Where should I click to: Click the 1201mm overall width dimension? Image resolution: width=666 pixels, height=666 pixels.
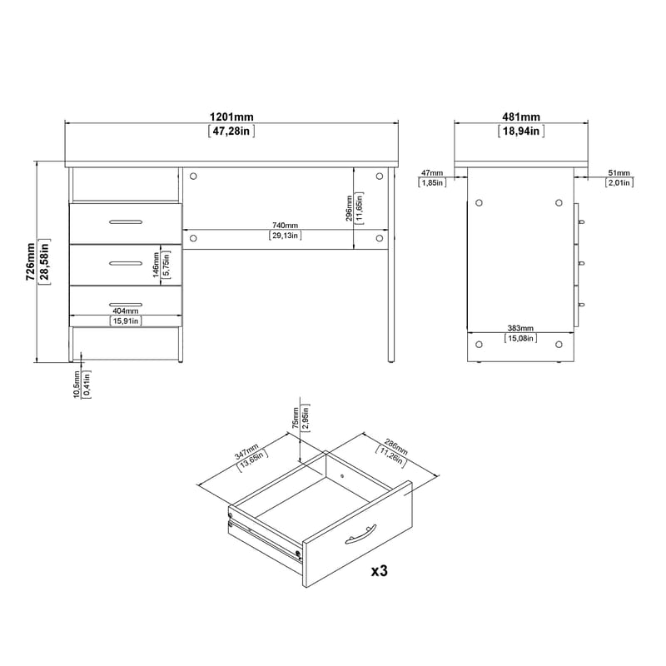(231, 117)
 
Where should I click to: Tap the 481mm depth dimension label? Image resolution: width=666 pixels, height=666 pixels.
(520, 117)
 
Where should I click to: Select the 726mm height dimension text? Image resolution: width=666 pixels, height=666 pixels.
(31, 262)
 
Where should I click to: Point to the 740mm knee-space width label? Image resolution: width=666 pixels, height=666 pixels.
(285, 226)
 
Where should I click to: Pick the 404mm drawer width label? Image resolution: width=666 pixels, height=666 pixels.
(125, 311)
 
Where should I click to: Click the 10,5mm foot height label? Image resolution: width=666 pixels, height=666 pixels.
(77, 385)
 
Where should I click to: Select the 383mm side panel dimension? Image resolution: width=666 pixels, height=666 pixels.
(521, 329)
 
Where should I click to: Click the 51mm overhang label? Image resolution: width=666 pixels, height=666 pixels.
(618, 172)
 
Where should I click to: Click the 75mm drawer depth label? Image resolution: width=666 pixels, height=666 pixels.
(296, 417)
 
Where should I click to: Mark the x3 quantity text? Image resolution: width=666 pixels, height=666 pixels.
(379, 571)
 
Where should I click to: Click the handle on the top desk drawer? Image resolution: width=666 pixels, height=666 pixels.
(125, 221)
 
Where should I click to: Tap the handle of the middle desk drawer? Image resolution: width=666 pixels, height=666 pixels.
(125, 262)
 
